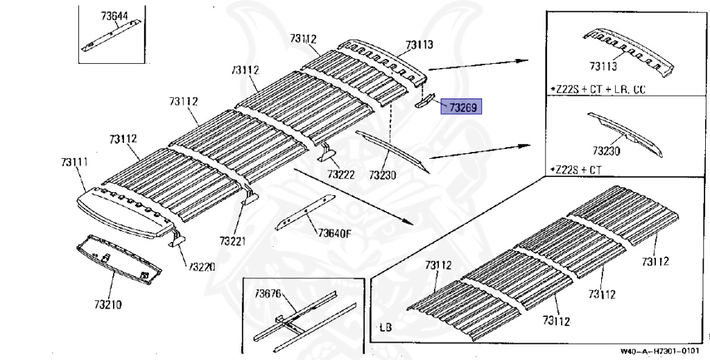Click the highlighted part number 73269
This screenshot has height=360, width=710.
point(463,108)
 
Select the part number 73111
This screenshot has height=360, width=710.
point(74,162)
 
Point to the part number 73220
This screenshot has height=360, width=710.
point(202,267)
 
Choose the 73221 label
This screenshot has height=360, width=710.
point(234,241)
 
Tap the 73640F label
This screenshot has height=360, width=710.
point(335,232)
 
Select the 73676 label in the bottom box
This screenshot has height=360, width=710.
point(268,293)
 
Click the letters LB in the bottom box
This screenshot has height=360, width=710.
point(385,326)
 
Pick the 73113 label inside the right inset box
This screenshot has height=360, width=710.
point(603,66)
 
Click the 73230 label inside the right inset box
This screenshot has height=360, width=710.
point(606,150)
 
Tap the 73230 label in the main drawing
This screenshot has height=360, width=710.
point(382,175)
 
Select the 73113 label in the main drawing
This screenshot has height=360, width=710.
point(419,45)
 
